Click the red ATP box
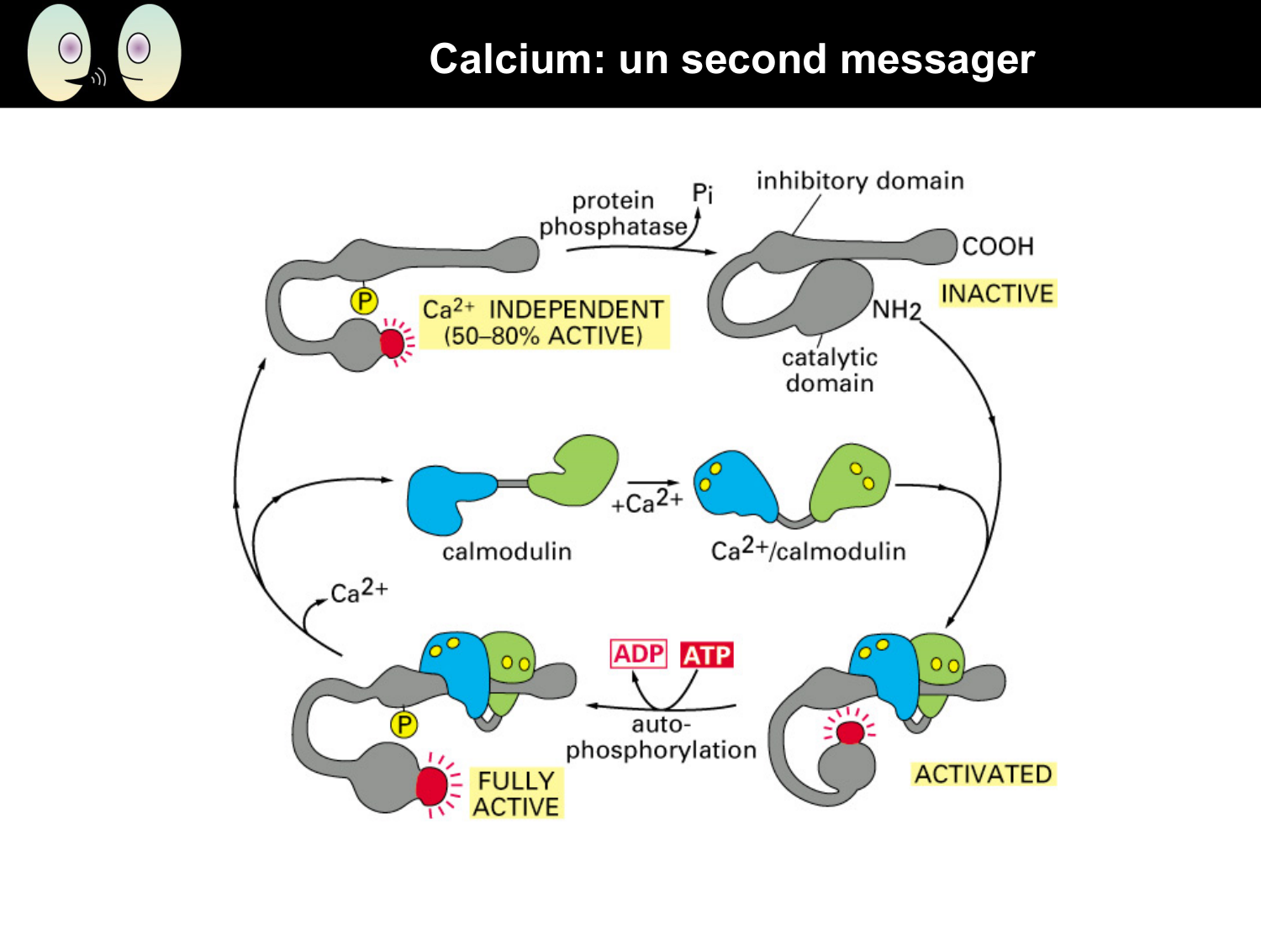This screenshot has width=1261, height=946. [707, 654]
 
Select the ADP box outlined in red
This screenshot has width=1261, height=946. [639, 653]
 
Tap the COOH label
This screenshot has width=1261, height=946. [998, 246]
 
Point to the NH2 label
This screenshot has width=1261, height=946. [896, 310]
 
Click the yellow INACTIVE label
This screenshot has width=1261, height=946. [997, 293]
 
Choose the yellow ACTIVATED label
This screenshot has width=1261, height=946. [983, 774]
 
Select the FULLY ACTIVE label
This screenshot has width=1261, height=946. [515, 793]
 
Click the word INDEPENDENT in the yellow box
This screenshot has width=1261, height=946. [576, 309]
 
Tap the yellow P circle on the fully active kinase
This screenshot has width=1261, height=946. [404, 724]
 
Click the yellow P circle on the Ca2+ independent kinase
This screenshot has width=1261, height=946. [364, 301]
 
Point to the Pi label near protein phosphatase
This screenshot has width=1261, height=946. [702, 193]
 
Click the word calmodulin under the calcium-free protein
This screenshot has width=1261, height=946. [507, 552]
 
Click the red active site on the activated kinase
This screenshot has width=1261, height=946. [850, 732]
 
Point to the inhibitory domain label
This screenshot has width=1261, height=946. [859, 181]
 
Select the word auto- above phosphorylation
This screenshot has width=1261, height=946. [661, 724]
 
